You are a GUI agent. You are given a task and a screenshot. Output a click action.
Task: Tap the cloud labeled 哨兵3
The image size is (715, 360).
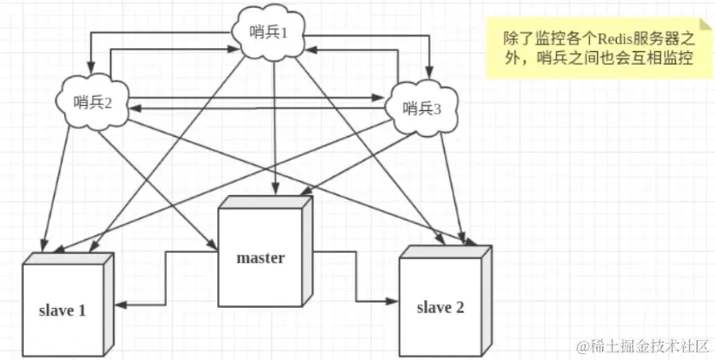(x=423, y=108)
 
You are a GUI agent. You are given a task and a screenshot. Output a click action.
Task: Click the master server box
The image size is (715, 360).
(x=262, y=254)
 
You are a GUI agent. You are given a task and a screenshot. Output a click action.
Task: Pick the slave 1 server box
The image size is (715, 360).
(x=65, y=307)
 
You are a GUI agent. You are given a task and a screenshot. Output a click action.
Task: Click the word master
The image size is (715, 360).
(x=260, y=257)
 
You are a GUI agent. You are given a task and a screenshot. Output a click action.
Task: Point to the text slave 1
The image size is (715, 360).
(x=62, y=310)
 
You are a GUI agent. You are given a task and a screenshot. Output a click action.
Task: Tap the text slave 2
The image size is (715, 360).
(x=440, y=306)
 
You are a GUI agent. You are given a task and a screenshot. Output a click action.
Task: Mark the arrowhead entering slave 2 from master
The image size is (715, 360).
(x=394, y=301)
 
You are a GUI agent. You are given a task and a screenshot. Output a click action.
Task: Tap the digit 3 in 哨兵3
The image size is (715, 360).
(x=439, y=108)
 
